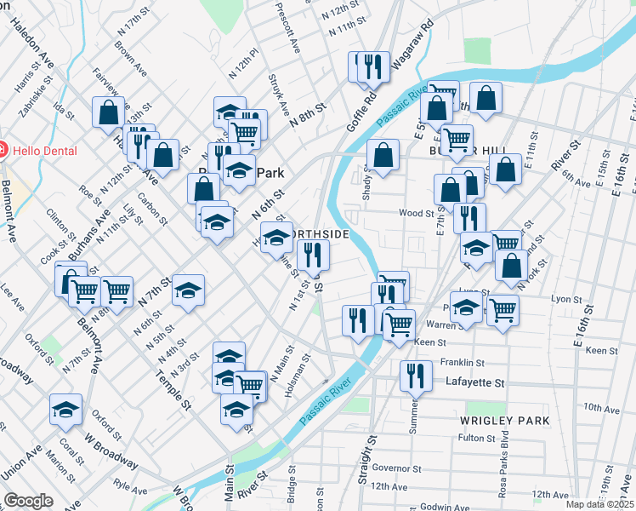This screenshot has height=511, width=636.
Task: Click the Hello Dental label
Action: (46, 151)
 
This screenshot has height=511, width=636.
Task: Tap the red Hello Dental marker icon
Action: (3, 151)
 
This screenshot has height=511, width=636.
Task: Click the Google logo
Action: (28, 500)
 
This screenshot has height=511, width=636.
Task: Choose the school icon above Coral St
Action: (65, 410)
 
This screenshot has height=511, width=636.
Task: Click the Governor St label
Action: (396, 468)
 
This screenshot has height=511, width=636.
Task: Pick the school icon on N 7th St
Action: (188, 290)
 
